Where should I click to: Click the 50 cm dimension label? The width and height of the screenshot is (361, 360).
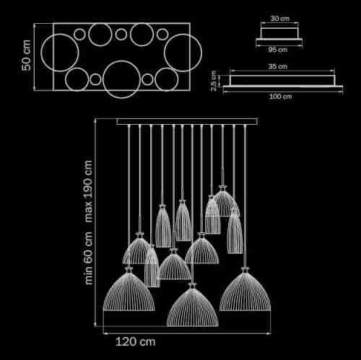click(x=26, y=56)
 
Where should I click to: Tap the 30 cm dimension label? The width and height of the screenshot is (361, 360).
click(x=279, y=18)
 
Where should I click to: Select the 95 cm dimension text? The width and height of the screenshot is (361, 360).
click(x=278, y=50)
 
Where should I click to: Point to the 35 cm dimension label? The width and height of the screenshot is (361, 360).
click(x=278, y=66)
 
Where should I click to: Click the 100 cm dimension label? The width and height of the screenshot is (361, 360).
click(x=280, y=97)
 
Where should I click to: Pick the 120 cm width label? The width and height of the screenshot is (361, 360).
click(x=136, y=342)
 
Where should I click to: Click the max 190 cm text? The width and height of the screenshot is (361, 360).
click(x=88, y=191)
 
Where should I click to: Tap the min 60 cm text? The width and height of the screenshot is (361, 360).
click(x=89, y=258)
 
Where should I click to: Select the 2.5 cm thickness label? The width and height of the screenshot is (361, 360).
click(x=214, y=81)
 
